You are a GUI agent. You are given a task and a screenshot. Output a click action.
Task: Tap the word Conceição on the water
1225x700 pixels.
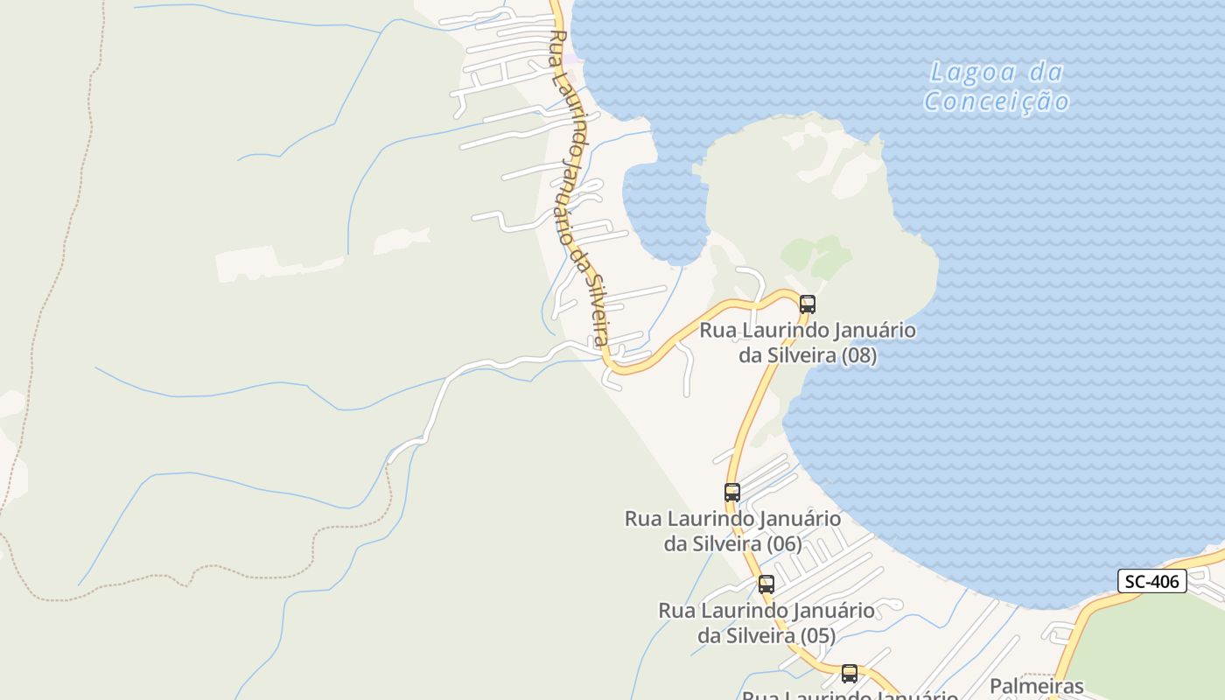(997, 102)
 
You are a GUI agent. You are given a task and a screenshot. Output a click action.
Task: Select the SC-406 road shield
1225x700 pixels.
(1151, 581)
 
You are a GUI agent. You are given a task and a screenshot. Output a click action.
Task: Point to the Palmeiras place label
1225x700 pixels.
(1037, 686)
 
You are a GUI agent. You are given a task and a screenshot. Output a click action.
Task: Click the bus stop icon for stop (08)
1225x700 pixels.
(807, 304)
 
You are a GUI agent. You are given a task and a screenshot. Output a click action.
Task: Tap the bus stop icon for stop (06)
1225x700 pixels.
(732, 493)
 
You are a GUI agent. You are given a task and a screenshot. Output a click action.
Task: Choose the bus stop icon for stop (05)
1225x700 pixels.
(766, 584)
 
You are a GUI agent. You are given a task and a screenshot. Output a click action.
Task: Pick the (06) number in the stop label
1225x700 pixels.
(783, 543)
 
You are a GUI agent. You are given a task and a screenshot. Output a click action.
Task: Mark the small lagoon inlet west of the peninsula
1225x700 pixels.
(665, 210)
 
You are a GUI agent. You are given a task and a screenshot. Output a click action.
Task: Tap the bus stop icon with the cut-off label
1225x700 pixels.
(850, 674)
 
